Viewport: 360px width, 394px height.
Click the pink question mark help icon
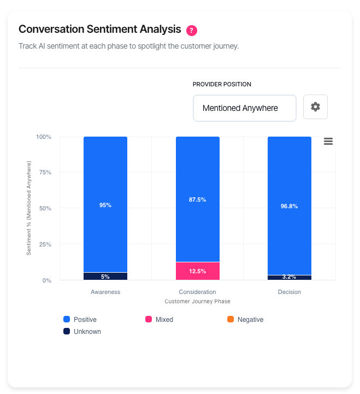tap(191, 30)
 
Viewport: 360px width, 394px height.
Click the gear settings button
tap(315, 107)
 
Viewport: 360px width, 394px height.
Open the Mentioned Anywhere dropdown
tap(244, 108)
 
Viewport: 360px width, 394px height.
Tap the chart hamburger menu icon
tap(328, 141)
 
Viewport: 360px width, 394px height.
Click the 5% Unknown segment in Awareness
tap(105, 277)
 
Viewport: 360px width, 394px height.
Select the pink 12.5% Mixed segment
tap(197, 271)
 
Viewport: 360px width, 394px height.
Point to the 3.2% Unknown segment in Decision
tap(289, 278)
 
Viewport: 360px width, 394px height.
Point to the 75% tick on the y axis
tap(45, 173)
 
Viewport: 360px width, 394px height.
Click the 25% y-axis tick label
tap(45, 244)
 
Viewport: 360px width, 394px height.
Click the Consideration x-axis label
tap(197, 292)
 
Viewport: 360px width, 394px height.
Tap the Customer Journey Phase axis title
tap(197, 301)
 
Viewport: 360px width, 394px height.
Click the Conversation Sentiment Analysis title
tap(100, 29)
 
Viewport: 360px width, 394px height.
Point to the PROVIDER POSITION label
tap(222, 84)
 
